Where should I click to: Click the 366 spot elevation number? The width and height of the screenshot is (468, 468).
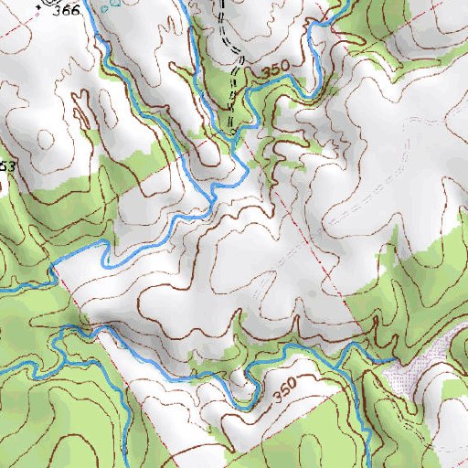66,11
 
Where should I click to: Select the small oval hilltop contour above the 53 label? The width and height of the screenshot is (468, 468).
40,138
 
